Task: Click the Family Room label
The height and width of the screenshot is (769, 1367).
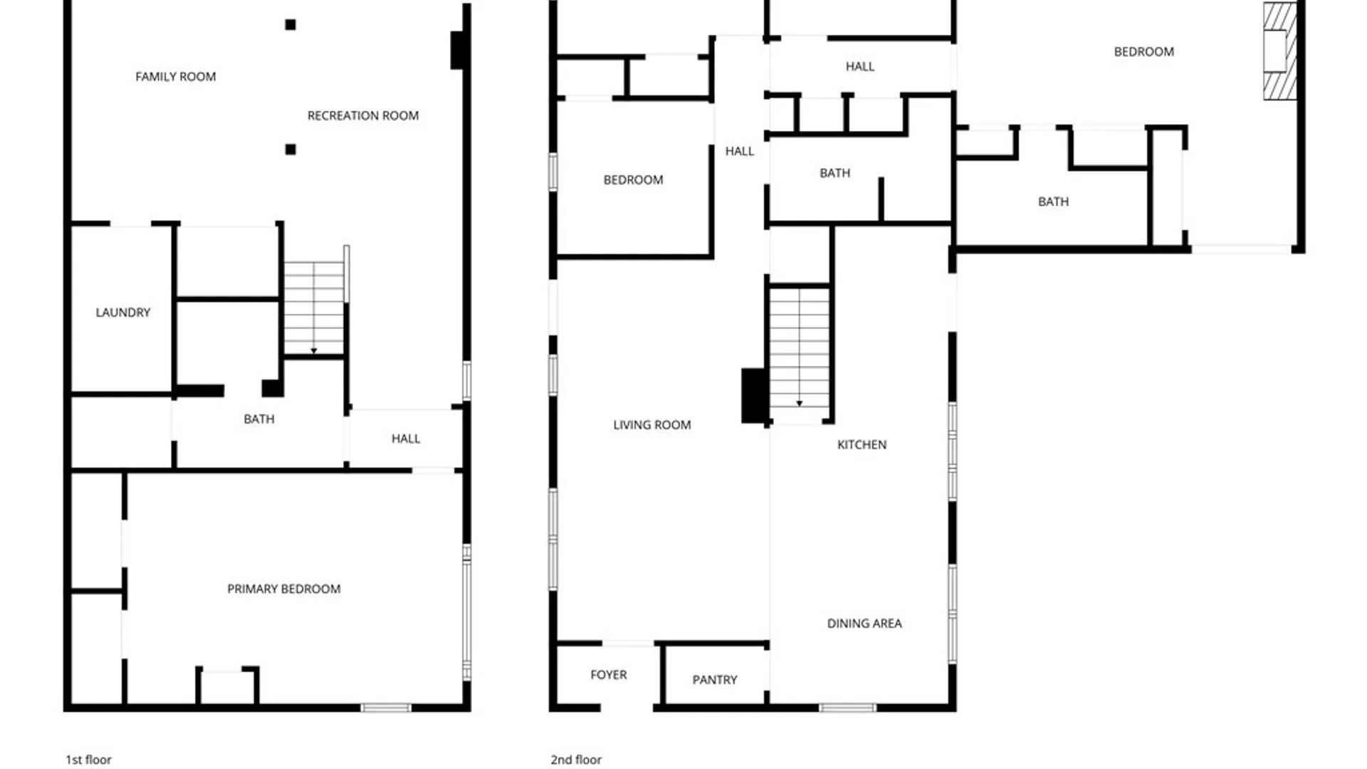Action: pos(175,77)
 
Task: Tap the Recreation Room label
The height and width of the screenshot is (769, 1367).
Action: pos(362,115)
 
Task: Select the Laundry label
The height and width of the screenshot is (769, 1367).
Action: pos(123,313)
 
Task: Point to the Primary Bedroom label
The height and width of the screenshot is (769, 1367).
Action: pos(283,589)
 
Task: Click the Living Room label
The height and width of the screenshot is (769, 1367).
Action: pos(651,425)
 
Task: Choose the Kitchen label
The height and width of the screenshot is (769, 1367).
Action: pos(861,445)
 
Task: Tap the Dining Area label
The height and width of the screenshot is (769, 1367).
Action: pos(864,624)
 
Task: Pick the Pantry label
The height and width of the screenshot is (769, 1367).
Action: pos(714,680)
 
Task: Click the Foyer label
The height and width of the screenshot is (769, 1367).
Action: pos(608,675)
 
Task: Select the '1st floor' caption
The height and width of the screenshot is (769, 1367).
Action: pos(88,760)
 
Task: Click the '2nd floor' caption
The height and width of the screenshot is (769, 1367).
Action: pos(576,760)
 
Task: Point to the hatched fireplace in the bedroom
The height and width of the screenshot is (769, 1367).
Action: pos(1279,51)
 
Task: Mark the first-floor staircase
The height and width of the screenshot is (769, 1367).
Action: pos(314,308)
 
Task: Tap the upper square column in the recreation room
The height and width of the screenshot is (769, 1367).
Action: pos(290,25)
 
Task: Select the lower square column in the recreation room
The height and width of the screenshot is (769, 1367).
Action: pos(290,150)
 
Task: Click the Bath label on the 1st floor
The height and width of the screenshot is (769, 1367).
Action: pos(258,419)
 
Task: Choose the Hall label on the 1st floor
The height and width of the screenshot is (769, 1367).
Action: pos(405,439)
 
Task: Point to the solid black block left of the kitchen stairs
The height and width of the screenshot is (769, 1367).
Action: pos(754,395)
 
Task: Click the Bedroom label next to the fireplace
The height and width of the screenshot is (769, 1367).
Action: pos(1143,52)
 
